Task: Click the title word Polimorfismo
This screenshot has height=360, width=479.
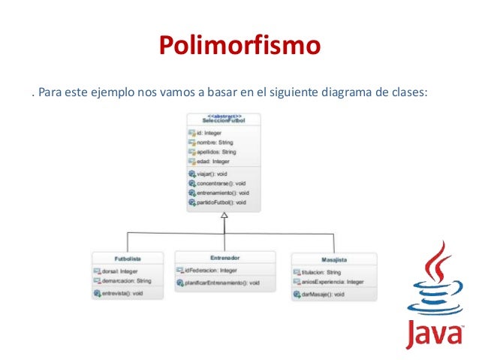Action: coord(239,47)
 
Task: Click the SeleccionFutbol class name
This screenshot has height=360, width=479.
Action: coord(224,121)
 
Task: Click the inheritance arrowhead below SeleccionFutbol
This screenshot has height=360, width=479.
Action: coord(224,216)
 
